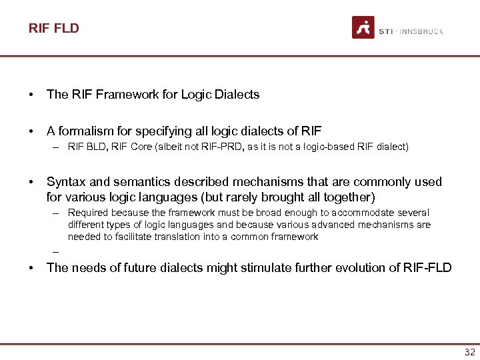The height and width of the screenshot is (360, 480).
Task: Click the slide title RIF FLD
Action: pyautogui.click(x=53, y=28)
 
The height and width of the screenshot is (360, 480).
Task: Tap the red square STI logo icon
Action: pyautogui.click(x=363, y=27)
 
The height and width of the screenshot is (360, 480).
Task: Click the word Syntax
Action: pyautogui.click(x=65, y=182)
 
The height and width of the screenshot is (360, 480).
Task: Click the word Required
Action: pyautogui.click(x=88, y=213)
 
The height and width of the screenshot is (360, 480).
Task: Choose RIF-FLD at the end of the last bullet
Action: pyautogui.click(x=427, y=268)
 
